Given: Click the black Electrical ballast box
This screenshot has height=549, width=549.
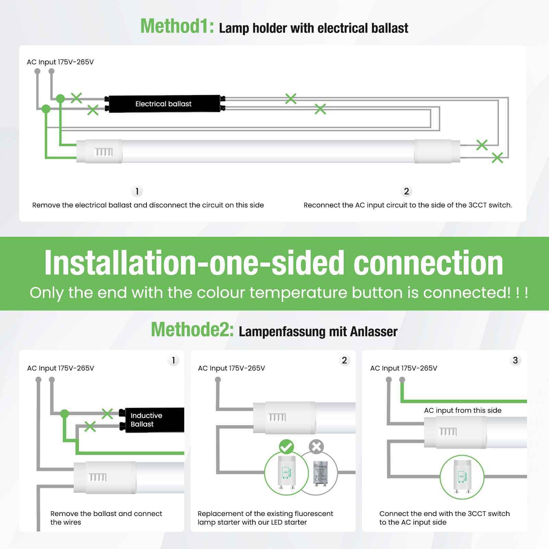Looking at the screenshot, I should pyautogui.click(x=164, y=104).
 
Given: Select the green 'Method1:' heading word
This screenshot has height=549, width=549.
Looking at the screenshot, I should pyautogui.click(x=177, y=26).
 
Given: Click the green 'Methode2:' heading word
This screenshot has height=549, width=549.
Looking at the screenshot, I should pyautogui.click(x=192, y=329).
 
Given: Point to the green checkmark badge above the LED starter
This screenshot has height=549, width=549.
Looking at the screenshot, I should pyautogui.click(x=286, y=447).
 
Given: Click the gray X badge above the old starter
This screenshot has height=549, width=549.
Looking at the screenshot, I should pyautogui.click(x=316, y=447).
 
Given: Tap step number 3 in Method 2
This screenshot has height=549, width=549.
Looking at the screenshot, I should pyautogui.click(x=515, y=360).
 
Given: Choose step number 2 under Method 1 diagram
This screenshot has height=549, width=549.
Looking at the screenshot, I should pyautogui.click(x=406, y=191).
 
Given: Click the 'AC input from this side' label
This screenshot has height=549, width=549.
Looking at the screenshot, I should pyautogui.click(x=463, y=410).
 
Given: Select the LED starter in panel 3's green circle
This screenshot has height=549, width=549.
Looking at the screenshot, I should pyautogui.click(x=462, y=476).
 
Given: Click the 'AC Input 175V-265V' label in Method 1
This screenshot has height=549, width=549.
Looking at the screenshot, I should pyautogui.click(x=60, y=62).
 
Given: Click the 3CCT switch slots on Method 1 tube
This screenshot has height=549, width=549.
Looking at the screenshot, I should pyautogui.click(x=103, y=152).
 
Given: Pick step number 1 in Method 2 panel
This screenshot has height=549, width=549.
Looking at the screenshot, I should pyautogui.click(x=173, y=360).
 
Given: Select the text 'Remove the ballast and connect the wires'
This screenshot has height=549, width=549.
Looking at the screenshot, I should pyautogui.click(x=106, y=518).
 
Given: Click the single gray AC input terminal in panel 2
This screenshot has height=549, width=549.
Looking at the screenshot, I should pyautogui.click(x=218, y=380).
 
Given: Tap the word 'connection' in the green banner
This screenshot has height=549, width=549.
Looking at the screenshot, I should pyautogui.click(x=428, y=263).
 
